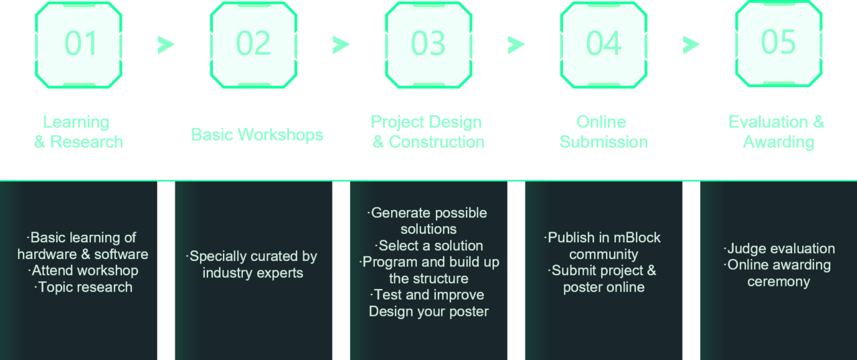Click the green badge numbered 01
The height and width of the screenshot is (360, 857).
click(x=79, y=44)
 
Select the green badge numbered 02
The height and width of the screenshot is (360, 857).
click(x=254, y=44)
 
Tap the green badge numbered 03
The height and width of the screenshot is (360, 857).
click(x=428, y=44)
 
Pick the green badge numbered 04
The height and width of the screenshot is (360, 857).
click(x=603, y=44)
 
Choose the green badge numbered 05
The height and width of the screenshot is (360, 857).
click(x=778, y=43)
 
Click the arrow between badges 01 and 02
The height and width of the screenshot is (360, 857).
click(x=166, y=45)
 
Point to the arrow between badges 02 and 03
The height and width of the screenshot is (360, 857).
click(x=341, y=45)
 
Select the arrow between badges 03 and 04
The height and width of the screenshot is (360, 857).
click(x=516, y=45)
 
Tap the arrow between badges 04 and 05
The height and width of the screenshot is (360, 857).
click(x=692, y=45)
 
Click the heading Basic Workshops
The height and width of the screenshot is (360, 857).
click(x=257, y=134)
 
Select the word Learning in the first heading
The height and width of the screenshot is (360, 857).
click(x=76, y=122)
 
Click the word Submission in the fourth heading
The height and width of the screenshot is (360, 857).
click(x=603, y=142)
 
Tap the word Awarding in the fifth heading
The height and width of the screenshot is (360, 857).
click(x=779, y=142)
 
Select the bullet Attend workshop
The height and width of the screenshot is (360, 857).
click(x=84, y=270)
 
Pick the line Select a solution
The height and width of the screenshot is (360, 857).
click(x=429, y=246)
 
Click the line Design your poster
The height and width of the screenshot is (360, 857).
click(x=428, y=311)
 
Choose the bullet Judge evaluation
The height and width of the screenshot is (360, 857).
click(x=779, y=248)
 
